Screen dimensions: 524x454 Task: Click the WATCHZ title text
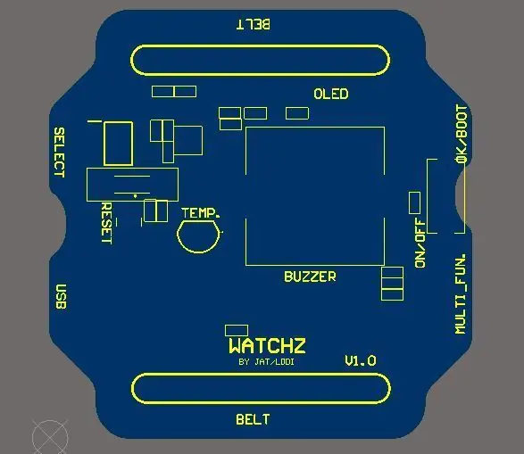click(267, 346)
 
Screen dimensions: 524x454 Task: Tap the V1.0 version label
click(361, 361)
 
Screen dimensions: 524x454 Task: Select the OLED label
click(331, 94)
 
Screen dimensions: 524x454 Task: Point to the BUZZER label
click(310, 277)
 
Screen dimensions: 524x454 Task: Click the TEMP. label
click(201, 213)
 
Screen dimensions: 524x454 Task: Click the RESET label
click(106, 223)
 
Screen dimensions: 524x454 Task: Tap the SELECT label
click(60, 153)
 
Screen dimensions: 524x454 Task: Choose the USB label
click(61, 297)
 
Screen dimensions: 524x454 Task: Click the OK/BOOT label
click(462, 134)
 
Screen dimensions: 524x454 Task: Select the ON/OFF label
click(420, 243)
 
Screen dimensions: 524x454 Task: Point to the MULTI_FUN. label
click(460, 293)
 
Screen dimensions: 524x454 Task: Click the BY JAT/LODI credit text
click(267, 362)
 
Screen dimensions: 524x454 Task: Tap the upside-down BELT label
click(254, 24)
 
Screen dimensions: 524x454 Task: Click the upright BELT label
click(253, 419)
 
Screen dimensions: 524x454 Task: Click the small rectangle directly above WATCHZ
click(237, 331)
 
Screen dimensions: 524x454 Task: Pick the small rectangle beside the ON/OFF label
click(415, 202)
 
